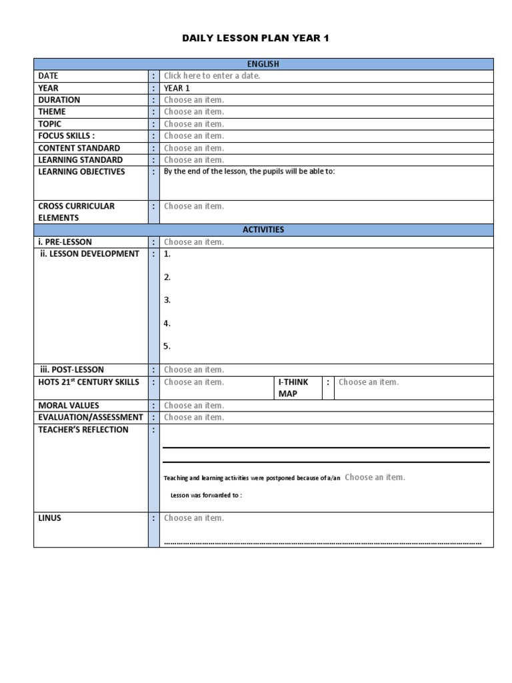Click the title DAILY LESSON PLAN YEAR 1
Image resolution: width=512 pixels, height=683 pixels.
pos(256,39)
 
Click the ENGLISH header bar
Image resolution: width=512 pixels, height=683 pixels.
pos(263,64)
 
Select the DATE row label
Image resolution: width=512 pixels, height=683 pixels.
pos(49,76)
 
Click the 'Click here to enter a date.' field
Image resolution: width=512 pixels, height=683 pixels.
pos(212,76)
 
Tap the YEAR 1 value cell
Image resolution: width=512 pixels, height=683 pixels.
pos(177,88)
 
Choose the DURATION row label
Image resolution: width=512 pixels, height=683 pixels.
pos(59,100)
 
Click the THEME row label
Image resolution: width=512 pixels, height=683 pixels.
pos(52,112)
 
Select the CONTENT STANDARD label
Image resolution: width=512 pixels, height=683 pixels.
pos(79,148)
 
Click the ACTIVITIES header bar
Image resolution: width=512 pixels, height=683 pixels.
pos(263,229)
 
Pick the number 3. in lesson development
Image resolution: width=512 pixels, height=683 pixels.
pos(167,300)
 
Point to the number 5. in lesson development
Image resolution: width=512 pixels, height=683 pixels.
pos(167,346)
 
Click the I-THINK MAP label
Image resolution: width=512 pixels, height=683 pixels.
pos(293,388)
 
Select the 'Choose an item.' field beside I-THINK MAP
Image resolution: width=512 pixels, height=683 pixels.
pos(369,382)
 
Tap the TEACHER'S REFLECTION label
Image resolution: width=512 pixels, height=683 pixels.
pos(83,430)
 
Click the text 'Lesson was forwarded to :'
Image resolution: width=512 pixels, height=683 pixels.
pos(206,496)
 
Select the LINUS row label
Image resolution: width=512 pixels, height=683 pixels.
pos(50,518)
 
